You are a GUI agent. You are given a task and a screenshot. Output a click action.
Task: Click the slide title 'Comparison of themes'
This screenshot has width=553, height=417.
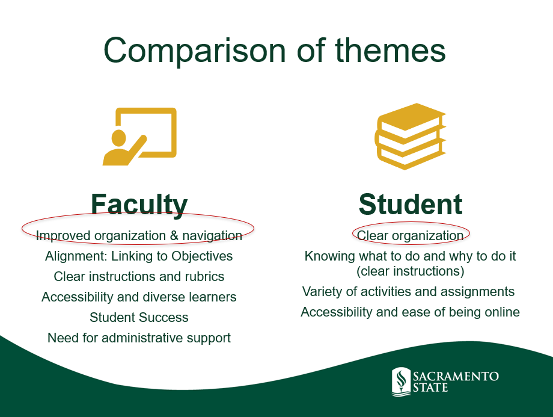[x=274, y=51]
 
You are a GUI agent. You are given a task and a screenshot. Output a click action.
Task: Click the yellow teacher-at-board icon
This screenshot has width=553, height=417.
[x=139, y=137]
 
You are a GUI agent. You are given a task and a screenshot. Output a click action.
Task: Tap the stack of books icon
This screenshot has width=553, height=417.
[x=410, y=137]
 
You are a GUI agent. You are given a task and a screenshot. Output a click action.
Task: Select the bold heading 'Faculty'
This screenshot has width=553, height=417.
[x=139, y=205]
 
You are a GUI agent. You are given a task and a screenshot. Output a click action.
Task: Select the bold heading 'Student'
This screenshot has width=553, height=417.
[x=411, y=204]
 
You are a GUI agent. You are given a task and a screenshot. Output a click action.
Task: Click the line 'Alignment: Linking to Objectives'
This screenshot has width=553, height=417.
[x=139, y=256]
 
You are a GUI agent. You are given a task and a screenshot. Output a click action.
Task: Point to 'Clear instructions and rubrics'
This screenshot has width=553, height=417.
[x=139, y=276]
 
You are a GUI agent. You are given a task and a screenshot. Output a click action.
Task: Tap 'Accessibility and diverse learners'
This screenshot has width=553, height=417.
[x=139, y=297]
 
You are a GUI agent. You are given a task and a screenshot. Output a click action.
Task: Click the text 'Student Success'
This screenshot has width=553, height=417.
[x=139, y=318]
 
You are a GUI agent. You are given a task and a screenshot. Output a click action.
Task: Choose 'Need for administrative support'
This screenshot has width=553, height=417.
[x=139, y=338]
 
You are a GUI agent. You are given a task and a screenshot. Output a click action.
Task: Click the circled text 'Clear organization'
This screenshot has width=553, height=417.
[x=410, y=235]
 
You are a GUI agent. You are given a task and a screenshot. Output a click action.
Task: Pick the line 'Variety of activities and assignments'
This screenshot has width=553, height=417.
[x=408, y=292]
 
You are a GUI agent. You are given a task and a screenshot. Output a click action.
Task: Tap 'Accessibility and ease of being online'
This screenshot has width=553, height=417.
[x=410, y=312]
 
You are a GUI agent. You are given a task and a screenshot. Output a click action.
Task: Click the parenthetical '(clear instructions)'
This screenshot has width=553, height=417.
[x=410, y=271]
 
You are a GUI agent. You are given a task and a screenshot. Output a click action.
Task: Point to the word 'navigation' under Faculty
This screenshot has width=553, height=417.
[x=212, y=235]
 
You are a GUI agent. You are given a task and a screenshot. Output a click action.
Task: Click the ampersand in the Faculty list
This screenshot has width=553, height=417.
[x=174, y=235]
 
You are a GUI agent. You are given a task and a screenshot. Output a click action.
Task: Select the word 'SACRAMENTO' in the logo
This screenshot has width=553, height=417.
[x=456, y=377]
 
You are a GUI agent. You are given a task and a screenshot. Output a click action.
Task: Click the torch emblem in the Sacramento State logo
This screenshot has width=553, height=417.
[x=401, y=381]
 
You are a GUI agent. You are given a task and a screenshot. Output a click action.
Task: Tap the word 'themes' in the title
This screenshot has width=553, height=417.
[x=391, y=51]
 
